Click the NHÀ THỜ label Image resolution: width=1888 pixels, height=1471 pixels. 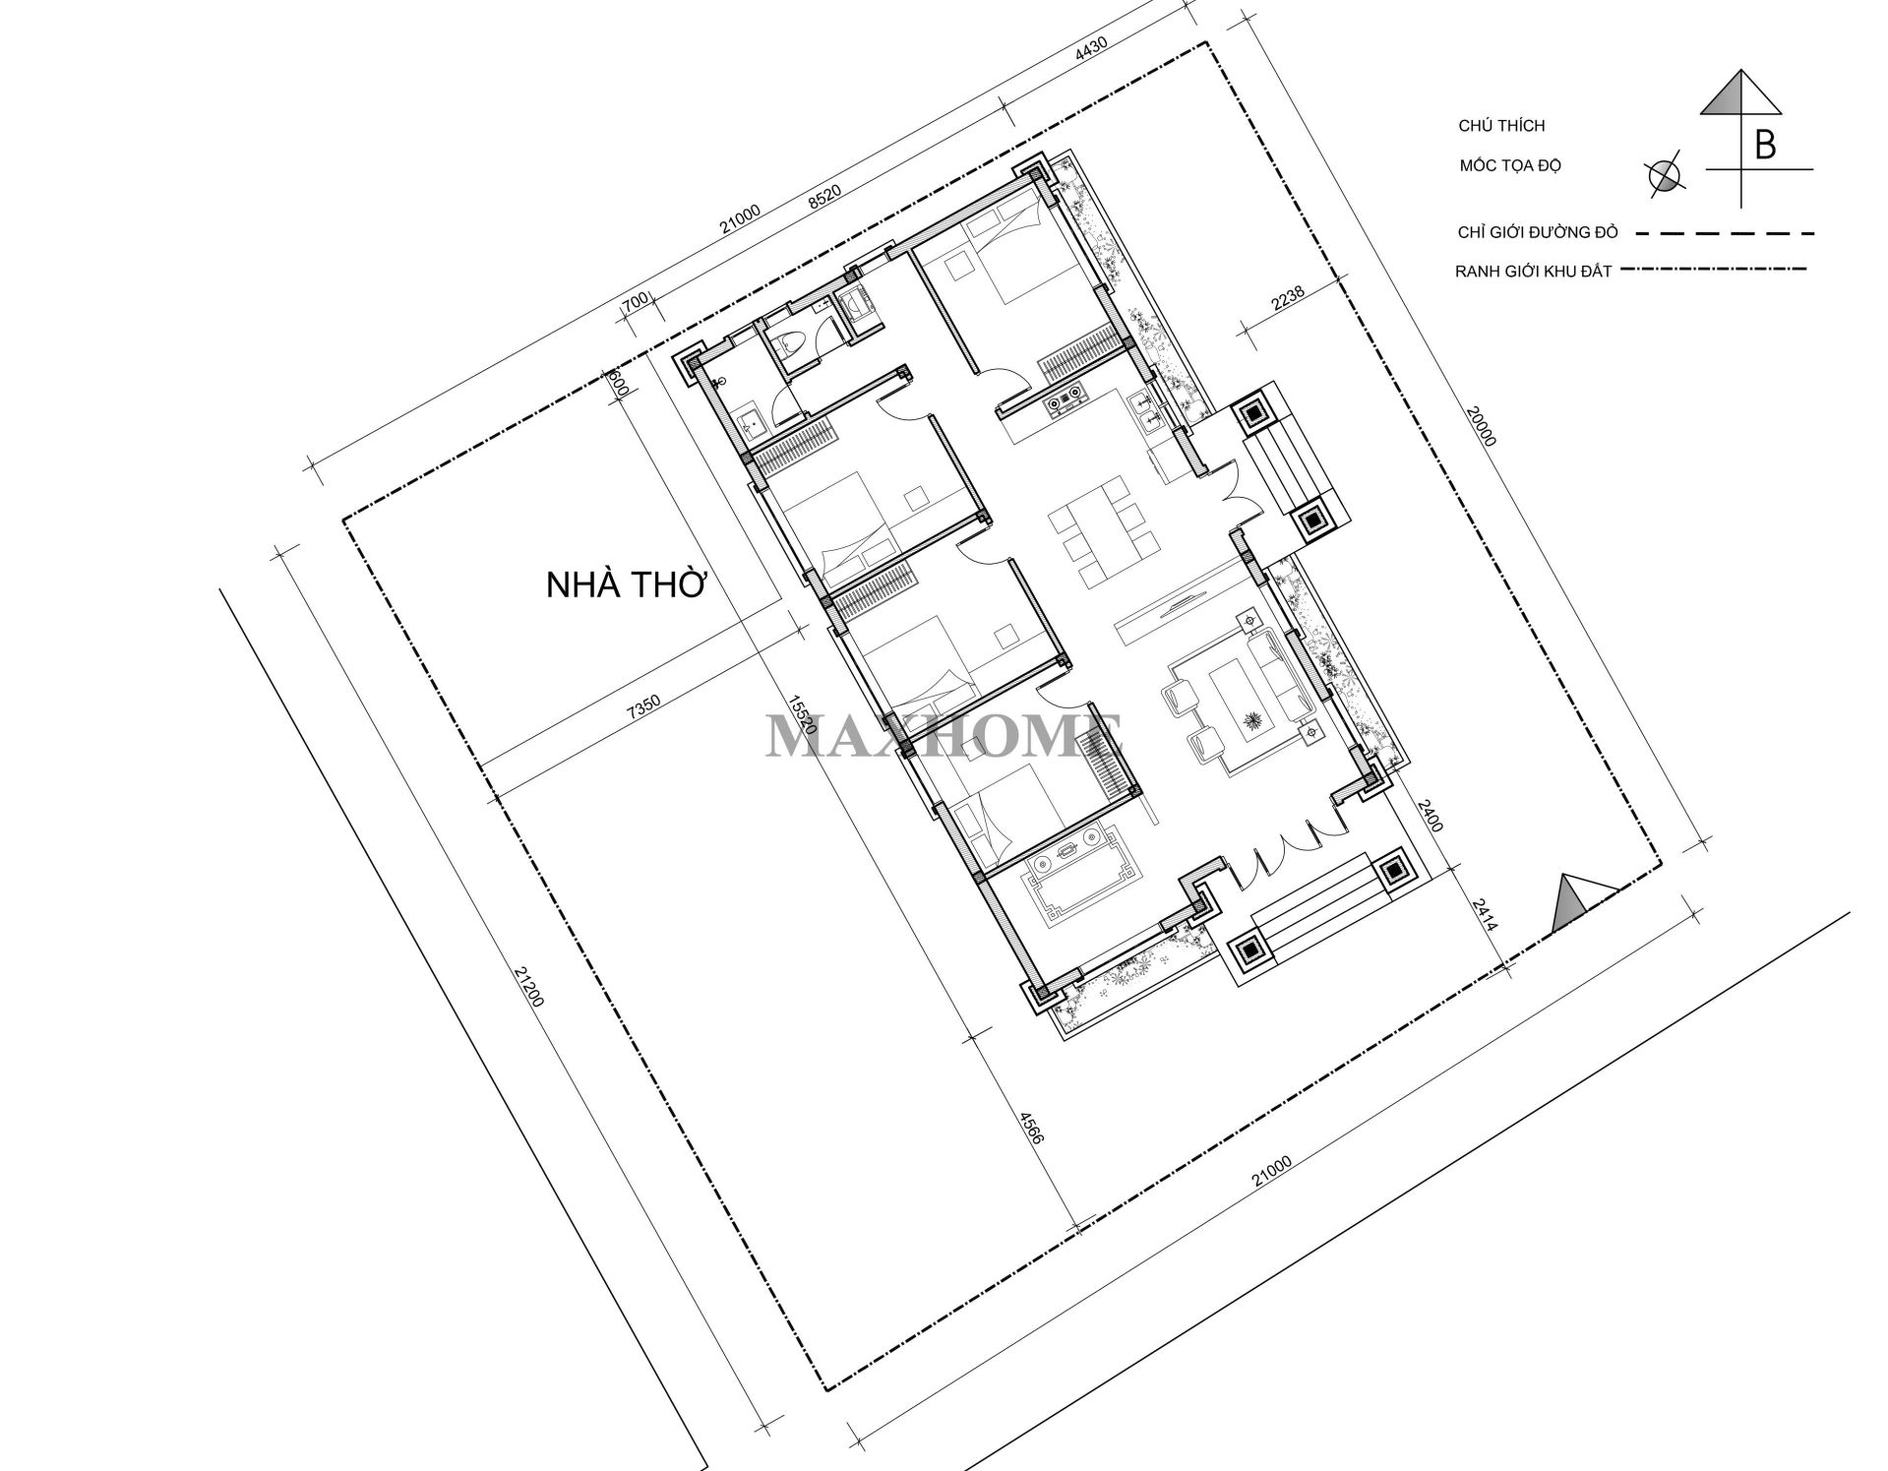pos(627,585)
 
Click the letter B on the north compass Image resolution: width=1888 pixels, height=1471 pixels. pos(1765,146)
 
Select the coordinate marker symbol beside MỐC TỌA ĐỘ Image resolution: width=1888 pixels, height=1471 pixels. pos(1665,176)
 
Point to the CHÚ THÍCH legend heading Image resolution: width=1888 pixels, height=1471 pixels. pos(1501,126)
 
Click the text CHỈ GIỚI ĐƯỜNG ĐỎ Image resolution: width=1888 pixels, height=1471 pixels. pos(1538,233)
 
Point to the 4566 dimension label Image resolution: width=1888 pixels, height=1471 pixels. pos(1029,1128)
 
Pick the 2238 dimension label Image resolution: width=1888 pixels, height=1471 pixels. pos(1288,298)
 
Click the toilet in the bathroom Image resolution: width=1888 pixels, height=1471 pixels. pos(790,343)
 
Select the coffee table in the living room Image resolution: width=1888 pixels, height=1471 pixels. pos(1240,698)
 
